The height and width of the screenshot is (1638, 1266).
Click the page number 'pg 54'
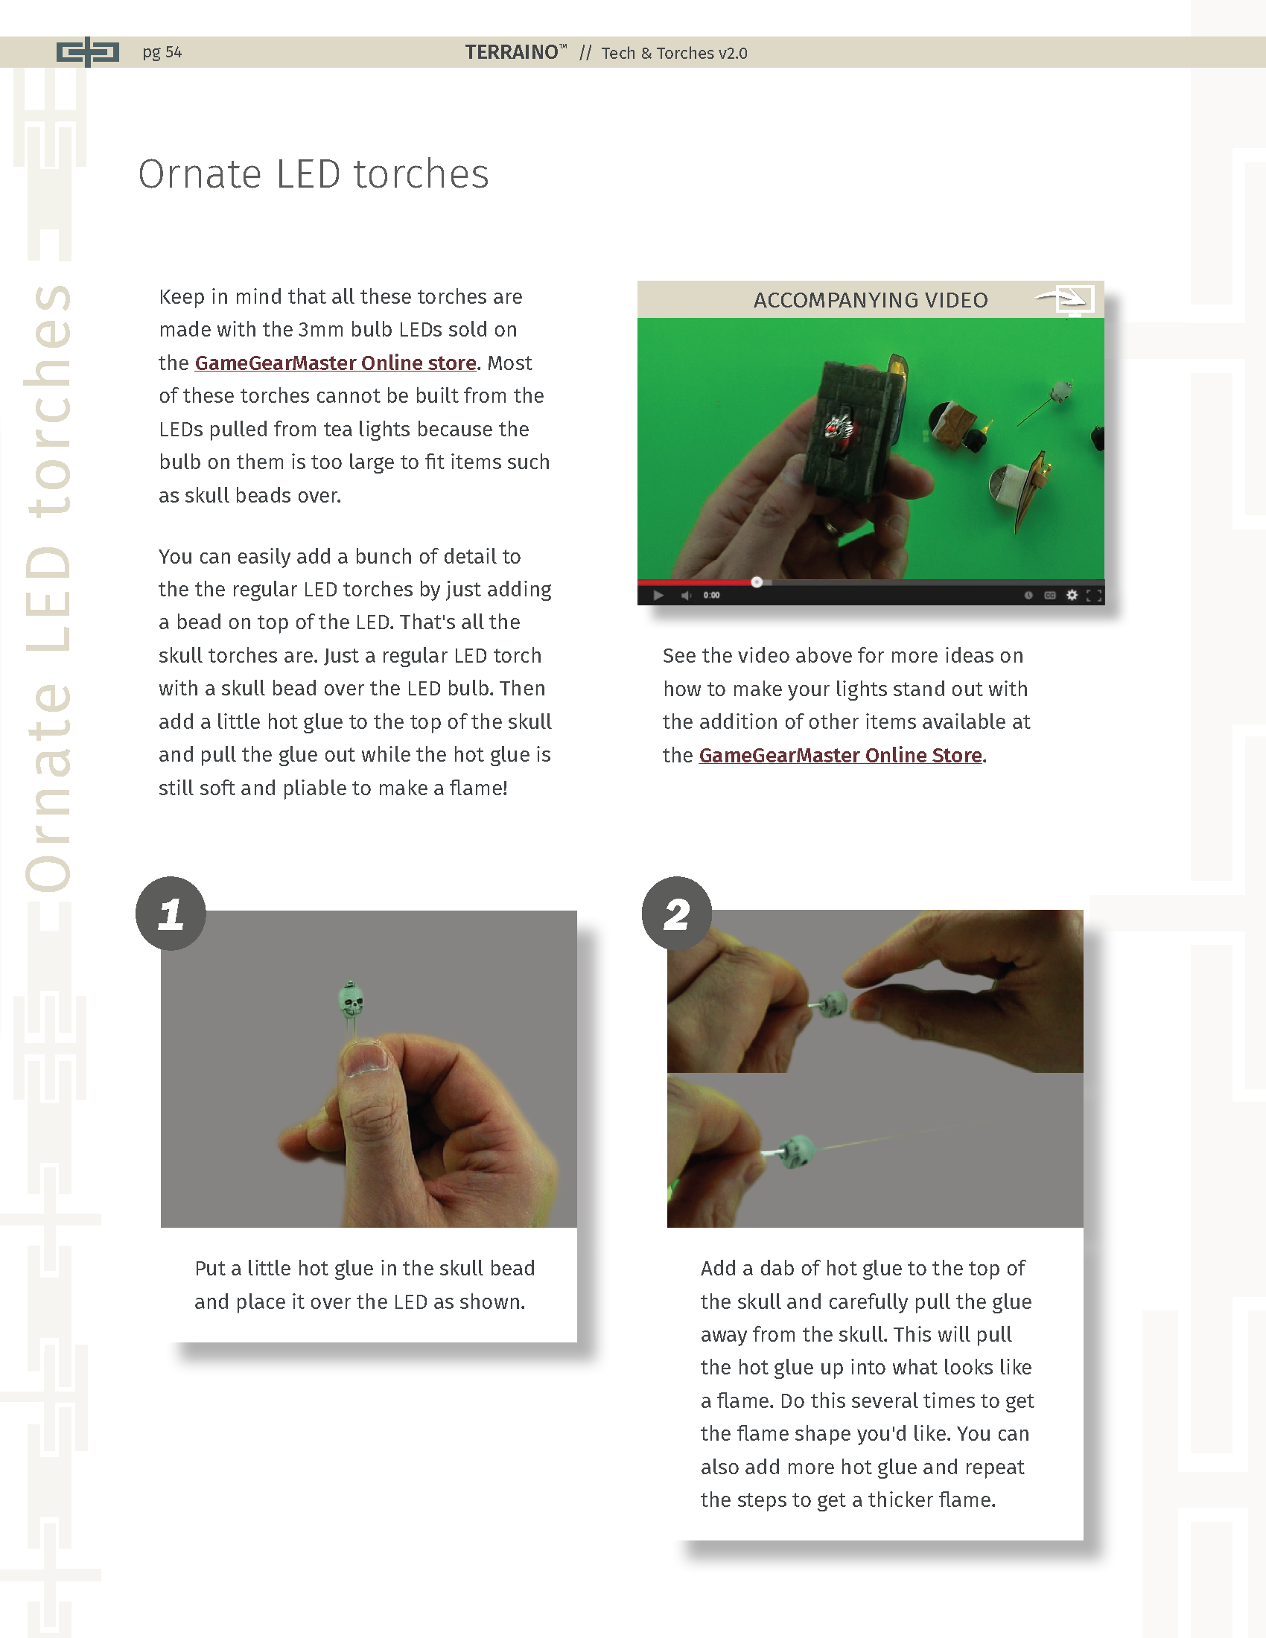(x=162, y=53)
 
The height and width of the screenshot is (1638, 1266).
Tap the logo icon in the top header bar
(x=88, y=52)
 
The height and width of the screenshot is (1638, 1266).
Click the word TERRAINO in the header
(x=512, y=52)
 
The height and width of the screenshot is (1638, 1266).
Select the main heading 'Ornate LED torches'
(x=314, y=174)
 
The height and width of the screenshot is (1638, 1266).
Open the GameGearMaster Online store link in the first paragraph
(x=335, y=363)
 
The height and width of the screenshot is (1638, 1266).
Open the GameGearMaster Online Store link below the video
(x=840, y=755)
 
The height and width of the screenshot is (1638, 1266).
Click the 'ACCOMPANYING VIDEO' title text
(x=871, y=300)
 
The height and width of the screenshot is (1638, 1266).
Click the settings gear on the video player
(x=1072, y=595)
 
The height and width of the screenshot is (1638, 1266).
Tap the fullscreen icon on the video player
(x=1094, y=596)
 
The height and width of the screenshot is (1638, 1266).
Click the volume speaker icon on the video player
(x=685, y=596)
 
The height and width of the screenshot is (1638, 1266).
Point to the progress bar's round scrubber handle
(x=757, y=582)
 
